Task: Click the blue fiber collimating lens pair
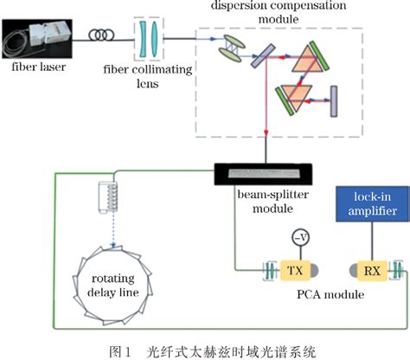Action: (x=148, y=38)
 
